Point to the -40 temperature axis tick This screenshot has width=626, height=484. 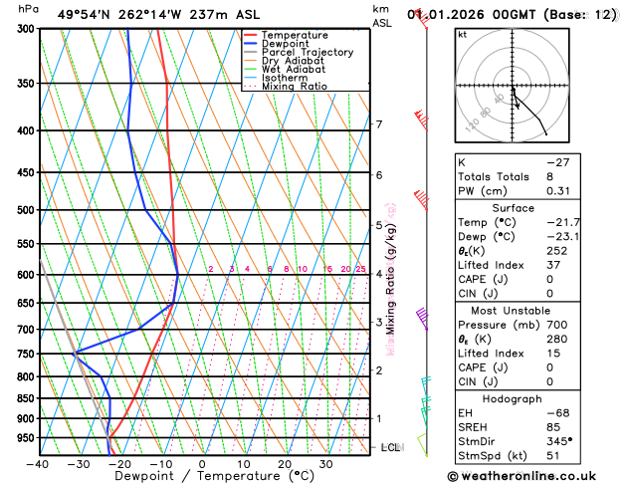tap(38, 464)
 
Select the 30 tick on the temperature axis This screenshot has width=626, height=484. tap(325, 464)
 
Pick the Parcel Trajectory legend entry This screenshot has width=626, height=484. tap(307, 53)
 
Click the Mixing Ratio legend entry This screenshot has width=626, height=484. tap(294, 87)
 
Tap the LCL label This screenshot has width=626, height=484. tap(390, 448)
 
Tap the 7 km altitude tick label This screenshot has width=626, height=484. tap(379, 124)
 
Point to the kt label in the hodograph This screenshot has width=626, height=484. tap(463, 34)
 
